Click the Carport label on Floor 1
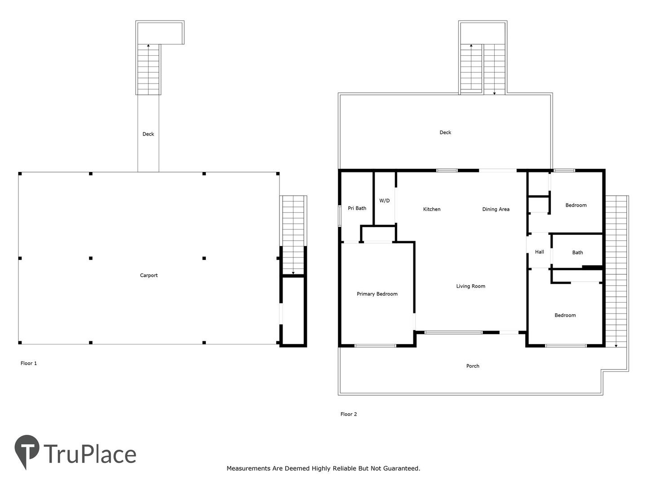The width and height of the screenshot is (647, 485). pos(149,275)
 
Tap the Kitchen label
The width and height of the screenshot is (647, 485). pos(431,209)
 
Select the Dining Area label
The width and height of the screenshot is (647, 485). pos(496,209)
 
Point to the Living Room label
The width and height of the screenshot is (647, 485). pos(470,286)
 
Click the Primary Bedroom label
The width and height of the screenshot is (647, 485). pos(377,294)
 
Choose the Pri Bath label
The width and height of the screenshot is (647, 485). pos(357,208)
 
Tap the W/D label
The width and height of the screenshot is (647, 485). pos(384,201)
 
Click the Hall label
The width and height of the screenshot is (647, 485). pos(540,252)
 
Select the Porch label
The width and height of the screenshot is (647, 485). pos(473,366)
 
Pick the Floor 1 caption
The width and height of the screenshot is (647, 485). pos(29,363)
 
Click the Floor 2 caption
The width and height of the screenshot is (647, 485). pos(348,414)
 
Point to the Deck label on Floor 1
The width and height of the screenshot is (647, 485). pos(148,134)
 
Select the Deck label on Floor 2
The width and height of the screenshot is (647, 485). pos(445,132)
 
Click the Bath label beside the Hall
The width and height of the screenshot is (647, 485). pos(577,252)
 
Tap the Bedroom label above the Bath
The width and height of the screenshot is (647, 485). pos(576,205)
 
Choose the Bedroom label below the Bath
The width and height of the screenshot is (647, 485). pos(565,315)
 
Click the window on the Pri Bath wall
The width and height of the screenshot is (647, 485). pos(340,216)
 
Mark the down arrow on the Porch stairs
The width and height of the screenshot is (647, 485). pos(616,346)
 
